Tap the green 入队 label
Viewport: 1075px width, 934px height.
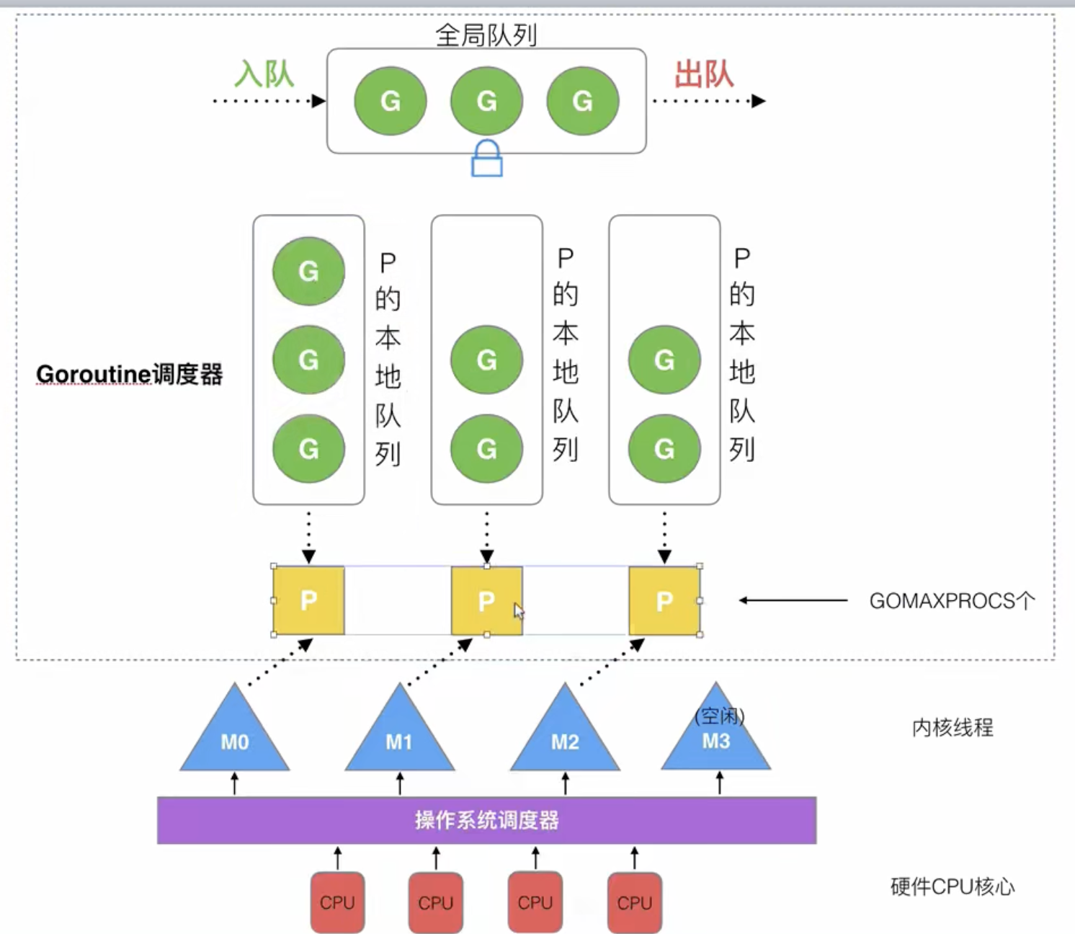click(264, 74)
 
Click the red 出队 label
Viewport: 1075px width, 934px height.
click(703, 74)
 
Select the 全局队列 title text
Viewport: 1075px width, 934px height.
click(486, 35)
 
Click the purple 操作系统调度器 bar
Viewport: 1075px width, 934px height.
click(486, 820)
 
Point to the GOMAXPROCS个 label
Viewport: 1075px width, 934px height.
click(952, 600)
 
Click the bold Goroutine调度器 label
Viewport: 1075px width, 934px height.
click(130, 374)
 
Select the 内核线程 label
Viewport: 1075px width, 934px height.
click(953, 727)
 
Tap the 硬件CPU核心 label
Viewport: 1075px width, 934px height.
click(953, 886)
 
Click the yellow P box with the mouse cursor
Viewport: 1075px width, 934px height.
click(487, 600)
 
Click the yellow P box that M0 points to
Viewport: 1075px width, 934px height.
click(308, 600)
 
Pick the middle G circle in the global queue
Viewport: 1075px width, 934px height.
click(486, 101)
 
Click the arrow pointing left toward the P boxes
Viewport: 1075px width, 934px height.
click(793, 600)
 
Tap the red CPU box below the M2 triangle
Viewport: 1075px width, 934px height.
click(535, 902)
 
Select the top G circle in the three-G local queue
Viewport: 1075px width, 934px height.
click(308, 271)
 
